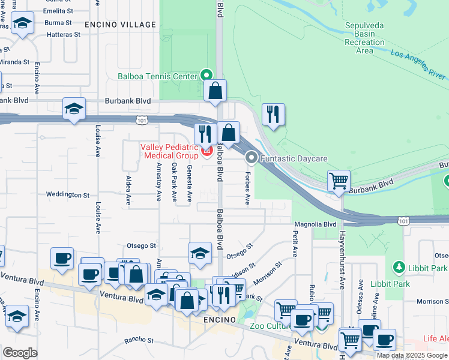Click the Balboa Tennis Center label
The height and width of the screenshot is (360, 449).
click(157, 76)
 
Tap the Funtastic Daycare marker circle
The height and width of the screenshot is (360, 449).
click(252, 158)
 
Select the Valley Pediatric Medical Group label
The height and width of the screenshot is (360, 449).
click(170, 152)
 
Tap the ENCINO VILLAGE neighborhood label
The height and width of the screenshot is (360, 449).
click(120, 25)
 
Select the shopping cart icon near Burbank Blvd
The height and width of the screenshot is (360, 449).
click(339, 180)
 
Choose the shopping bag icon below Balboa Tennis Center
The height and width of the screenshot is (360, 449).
click(215, 91)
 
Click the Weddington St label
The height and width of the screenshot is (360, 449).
click(68, 195)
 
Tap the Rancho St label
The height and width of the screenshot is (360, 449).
click(139, 340)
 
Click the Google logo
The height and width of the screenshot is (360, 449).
click(20, 353)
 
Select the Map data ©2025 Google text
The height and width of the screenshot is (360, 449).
click(412, 355)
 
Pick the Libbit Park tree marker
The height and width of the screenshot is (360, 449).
click(397, 266)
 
